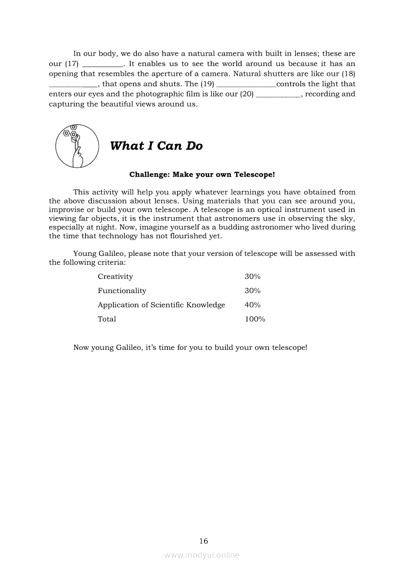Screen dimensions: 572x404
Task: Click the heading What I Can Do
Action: coord(156,146)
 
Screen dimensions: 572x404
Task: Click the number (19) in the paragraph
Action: coord(207,84)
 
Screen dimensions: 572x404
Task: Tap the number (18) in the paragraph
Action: coord(348,74)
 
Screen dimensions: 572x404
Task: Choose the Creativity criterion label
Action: coord(115,277)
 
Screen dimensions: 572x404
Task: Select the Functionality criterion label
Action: coord(122,291)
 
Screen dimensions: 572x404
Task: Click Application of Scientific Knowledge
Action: coord(161,305)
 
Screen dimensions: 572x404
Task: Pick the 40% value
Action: coord(252,305)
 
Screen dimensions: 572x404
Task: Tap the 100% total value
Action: coord(255,320)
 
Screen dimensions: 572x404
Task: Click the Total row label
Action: coord(107,320)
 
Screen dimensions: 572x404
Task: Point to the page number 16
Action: coord(203,541)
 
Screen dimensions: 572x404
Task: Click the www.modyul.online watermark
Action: coord(202,555)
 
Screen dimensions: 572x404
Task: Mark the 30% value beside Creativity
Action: coord(252,277)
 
